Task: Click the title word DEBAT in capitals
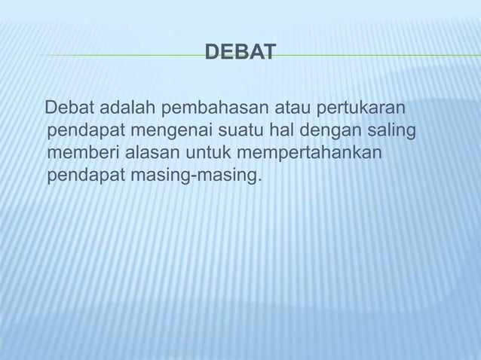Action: (x=240, y=52)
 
